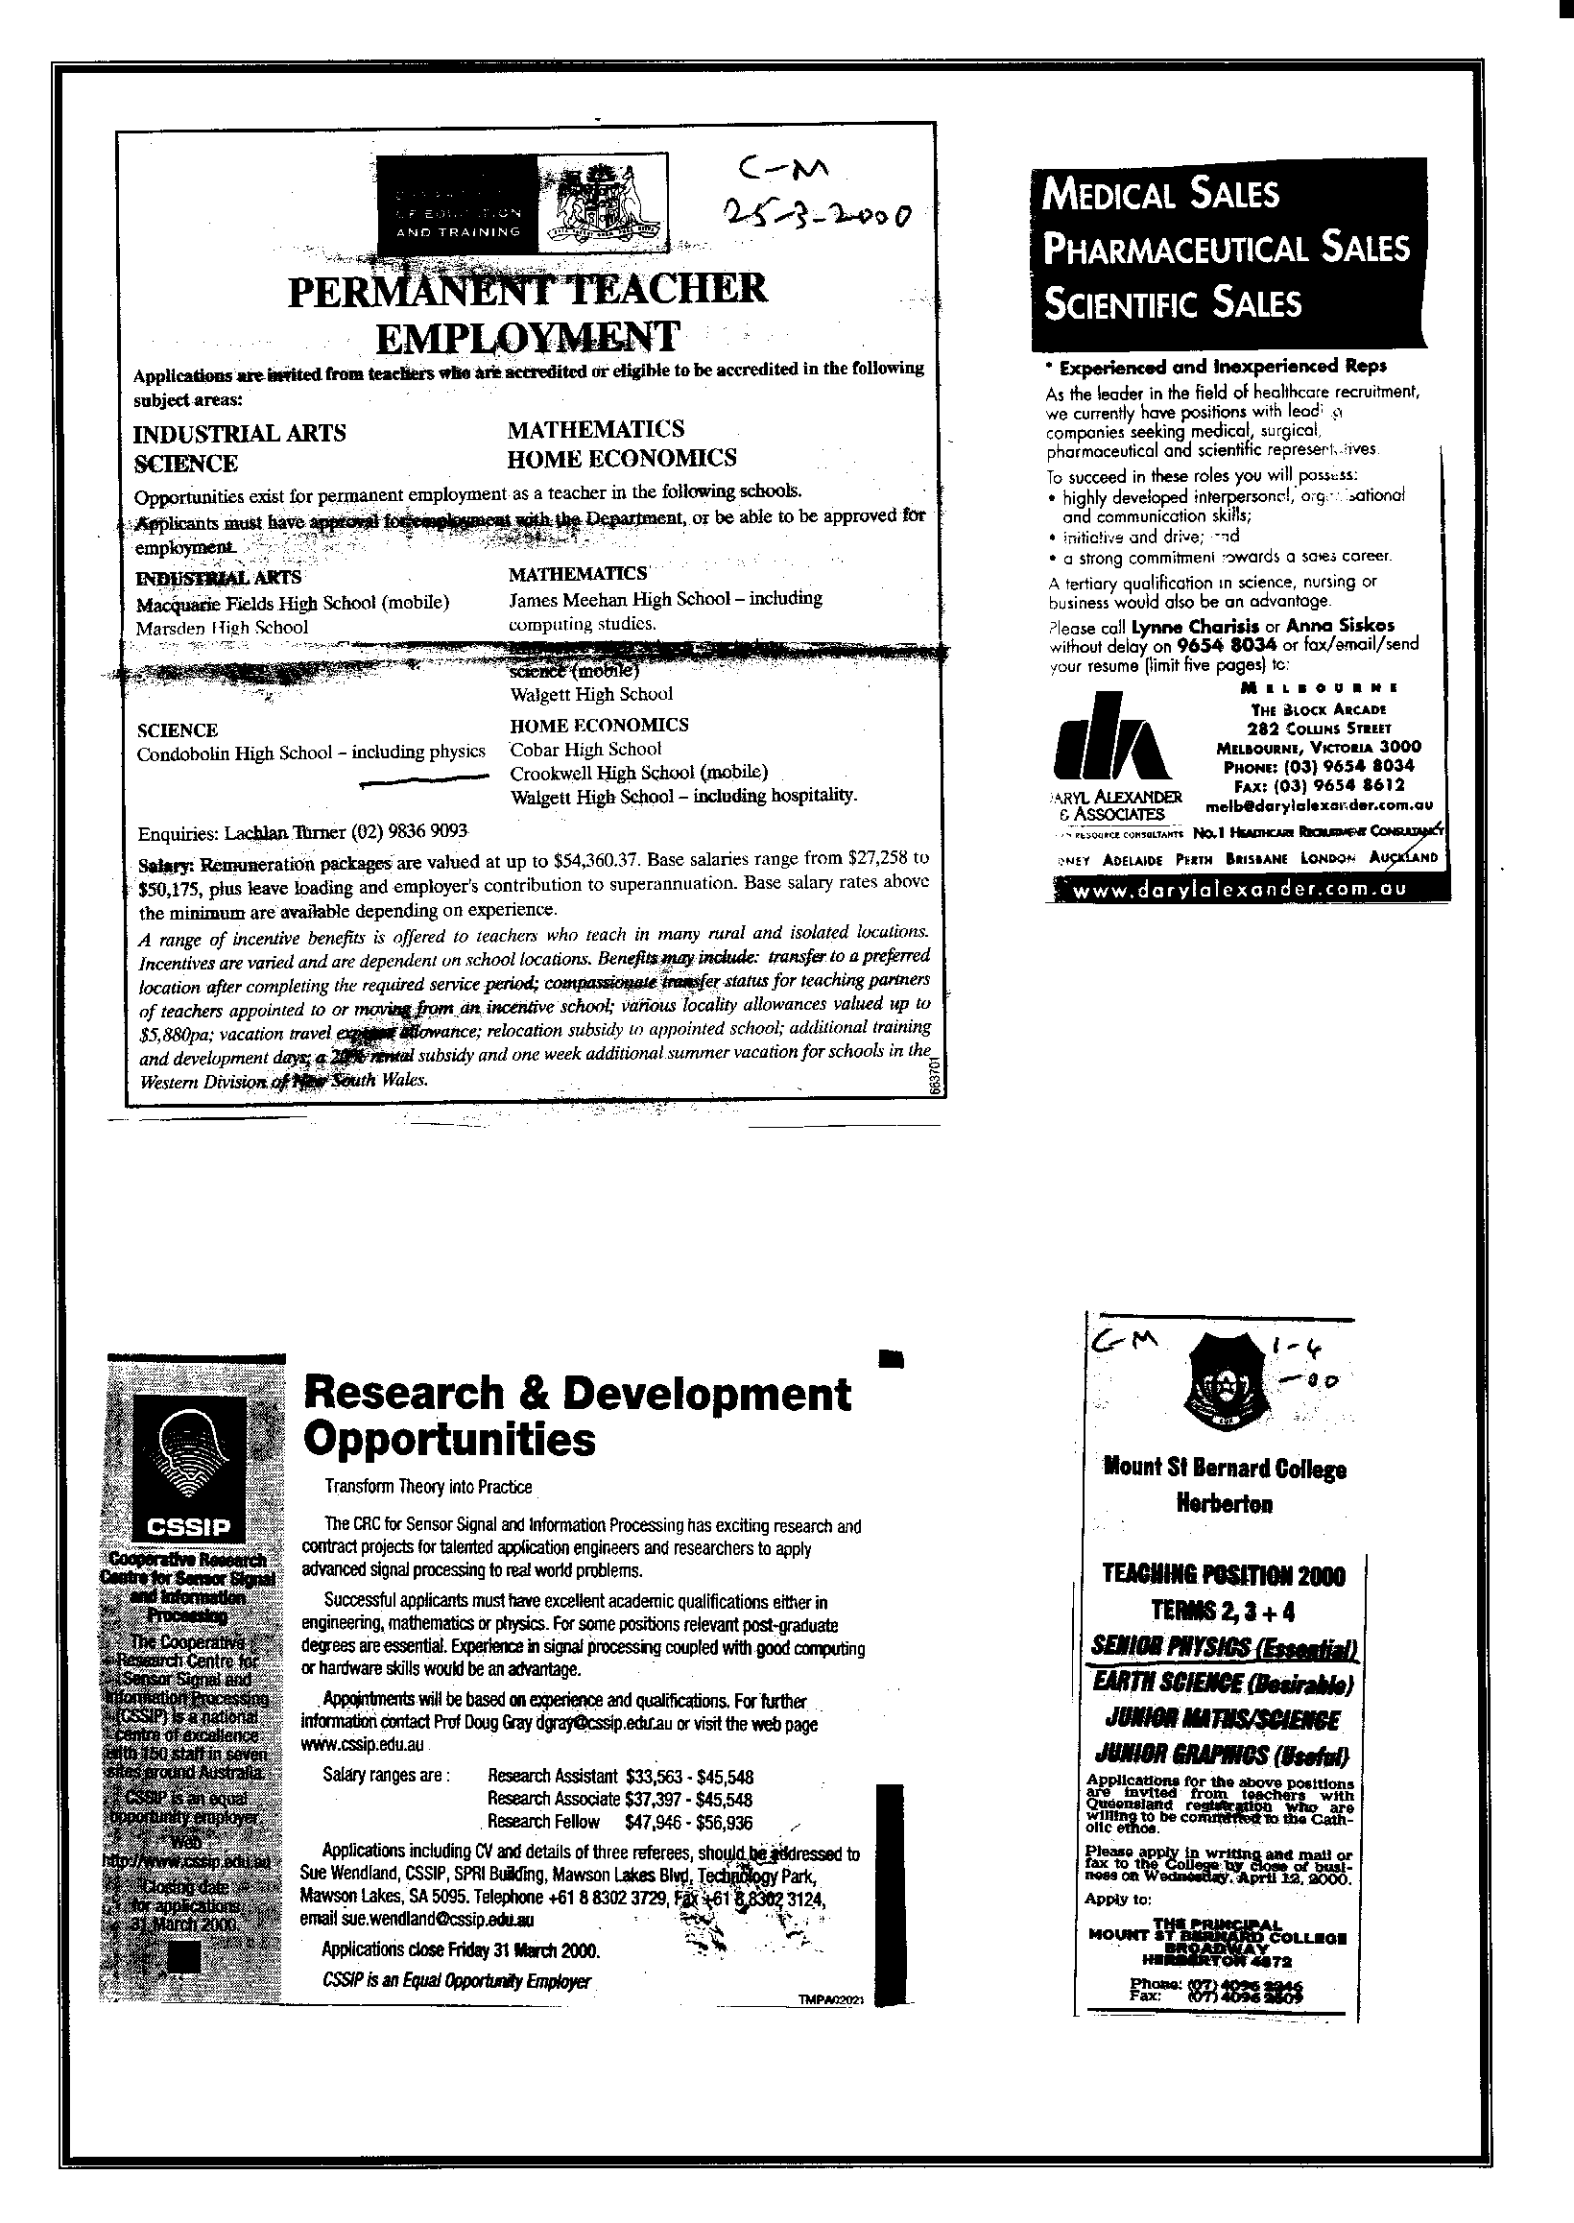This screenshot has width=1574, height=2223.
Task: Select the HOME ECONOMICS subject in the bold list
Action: click(x=621, y=458)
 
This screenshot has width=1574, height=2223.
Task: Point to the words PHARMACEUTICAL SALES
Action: click(x=1225, y=249)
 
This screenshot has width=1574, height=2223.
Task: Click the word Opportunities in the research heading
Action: click(x=449, y=1440)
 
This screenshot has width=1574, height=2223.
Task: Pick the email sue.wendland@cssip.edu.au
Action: click(x=417, y=1919)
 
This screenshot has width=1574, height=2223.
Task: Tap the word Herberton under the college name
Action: click(x=1224, y=1505)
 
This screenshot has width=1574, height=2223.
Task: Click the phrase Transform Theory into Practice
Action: click(x=428, y=1487)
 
